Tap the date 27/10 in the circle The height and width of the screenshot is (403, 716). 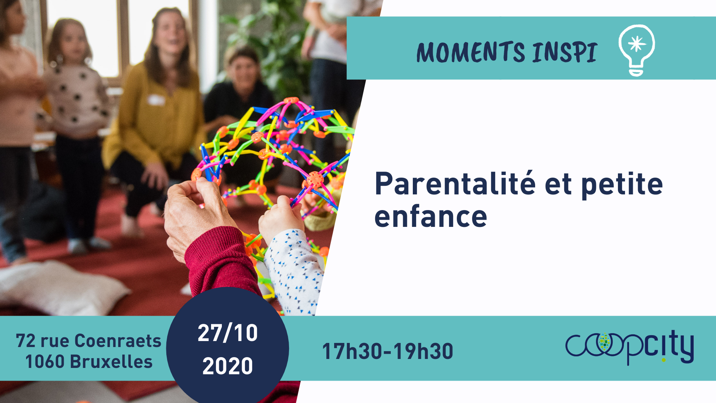tap(227, 333)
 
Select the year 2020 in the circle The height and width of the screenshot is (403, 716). tap(227, 366)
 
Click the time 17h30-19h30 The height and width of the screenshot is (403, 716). tap(387, 351)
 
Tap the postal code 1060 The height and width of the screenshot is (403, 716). tap(45, 362)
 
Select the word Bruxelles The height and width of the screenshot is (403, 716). tap(111, 362)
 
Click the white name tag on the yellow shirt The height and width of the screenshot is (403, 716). tap(156, 100)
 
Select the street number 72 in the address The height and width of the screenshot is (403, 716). tap(25, 341)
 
